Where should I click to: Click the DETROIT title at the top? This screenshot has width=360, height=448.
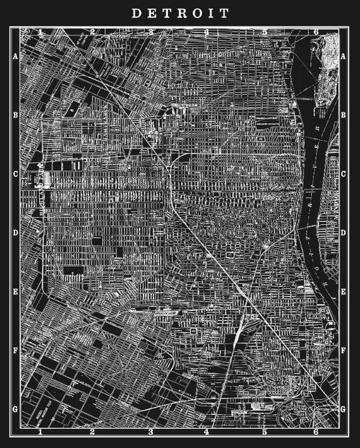(x=180, y=13)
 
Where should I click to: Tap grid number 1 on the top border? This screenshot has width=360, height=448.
(x=39, y=31)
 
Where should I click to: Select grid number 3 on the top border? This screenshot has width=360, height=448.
(x=150, y=31)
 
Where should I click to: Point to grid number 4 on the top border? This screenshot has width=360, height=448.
(x=207, y=31)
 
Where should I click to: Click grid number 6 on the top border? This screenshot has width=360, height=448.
(x=315, y=31)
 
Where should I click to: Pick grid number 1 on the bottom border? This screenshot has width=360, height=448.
(x=39, y=432)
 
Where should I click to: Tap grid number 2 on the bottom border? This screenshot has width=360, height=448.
(x=92, y=432)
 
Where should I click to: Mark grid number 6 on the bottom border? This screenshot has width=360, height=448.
(x=315, y=432)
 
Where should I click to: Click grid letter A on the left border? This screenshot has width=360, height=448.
(x=15, y=56)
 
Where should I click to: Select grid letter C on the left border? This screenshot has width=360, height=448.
(x=15, y=174)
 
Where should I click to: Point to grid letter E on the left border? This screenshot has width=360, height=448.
(x=15, y=292)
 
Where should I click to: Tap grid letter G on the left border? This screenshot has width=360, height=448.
(x=15, y=409)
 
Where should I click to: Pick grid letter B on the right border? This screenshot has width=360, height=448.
(x=344, y=115)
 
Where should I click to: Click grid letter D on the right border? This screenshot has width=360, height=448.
(x=344, y=233)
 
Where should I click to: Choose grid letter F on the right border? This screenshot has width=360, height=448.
(x=344, y=351)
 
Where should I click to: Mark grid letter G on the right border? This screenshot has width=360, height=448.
(x=344, y=409)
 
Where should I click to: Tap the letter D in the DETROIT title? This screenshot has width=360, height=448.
(x=135, y=13)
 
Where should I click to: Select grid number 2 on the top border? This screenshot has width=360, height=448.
(x=92, y=31)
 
